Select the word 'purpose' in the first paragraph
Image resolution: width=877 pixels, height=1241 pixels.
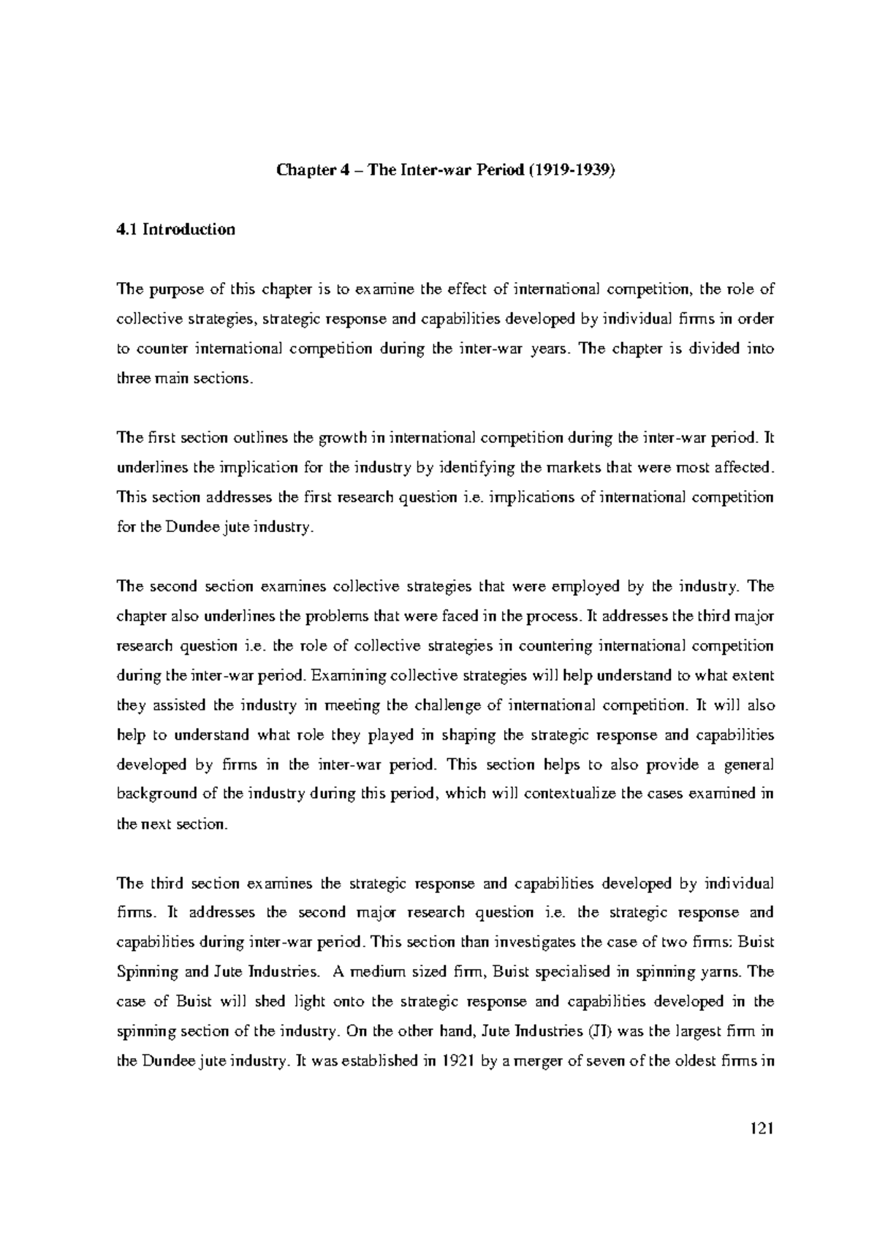pyautogui.click(x=172, y=289)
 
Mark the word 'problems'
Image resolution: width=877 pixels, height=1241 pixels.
pyautogui.click(x=330, y=616)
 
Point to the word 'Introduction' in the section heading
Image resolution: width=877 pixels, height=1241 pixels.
pyautogui.click(x=189, y=229)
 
